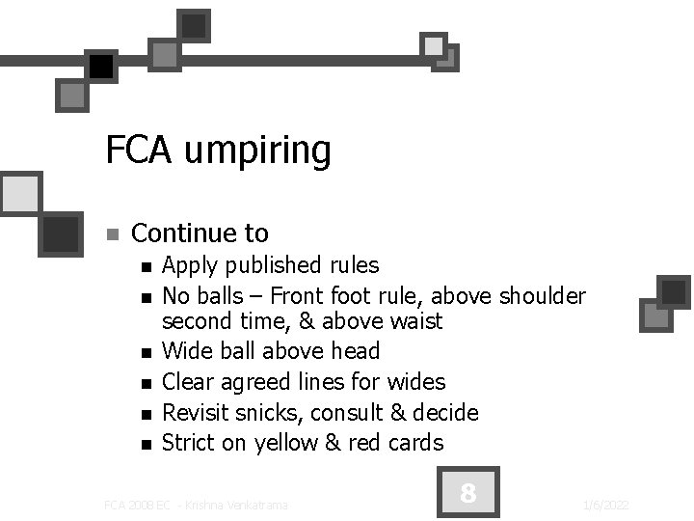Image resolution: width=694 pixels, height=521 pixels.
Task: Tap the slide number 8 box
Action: [x=467, y=494]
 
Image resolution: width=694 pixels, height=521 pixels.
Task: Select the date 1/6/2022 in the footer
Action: [x=606, y=505]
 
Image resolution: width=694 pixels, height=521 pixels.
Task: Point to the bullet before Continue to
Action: [x=112, y=234]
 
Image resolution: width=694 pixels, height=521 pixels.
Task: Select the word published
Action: [x=269, y=265]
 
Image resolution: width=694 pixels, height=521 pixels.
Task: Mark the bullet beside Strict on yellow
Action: [x=146, y=445]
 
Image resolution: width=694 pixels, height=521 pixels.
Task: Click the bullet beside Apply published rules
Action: [x=146, y=267]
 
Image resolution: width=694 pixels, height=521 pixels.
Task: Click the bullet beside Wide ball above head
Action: [x=146, y=353]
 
